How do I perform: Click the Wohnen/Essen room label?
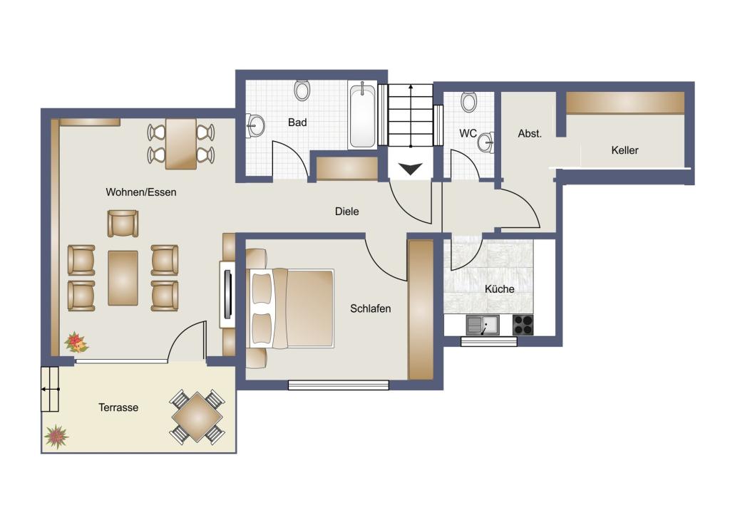point(141,192)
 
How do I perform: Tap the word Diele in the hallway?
point(347,212)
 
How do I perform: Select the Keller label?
point(624,150)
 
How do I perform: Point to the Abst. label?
point(530,133)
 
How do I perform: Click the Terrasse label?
point(118,407)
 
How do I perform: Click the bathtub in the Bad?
point(362,115)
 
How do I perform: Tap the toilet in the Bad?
point(302,90)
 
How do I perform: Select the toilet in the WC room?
point(469,101)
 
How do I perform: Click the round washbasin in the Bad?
point(255,125)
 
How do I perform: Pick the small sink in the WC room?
point(486,142)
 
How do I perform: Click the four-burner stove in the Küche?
point(523,325)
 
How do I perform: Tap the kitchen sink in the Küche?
point(483,325)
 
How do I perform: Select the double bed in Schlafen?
point(292,308)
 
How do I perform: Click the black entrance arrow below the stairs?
point(410,168)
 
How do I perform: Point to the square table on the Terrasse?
point(197,417)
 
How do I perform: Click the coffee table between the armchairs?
point(123,279)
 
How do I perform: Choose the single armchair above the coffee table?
point(123,223)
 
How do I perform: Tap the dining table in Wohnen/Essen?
point(180,144)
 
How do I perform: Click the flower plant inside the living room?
point(76,343)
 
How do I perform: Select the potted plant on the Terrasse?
point(56,437)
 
